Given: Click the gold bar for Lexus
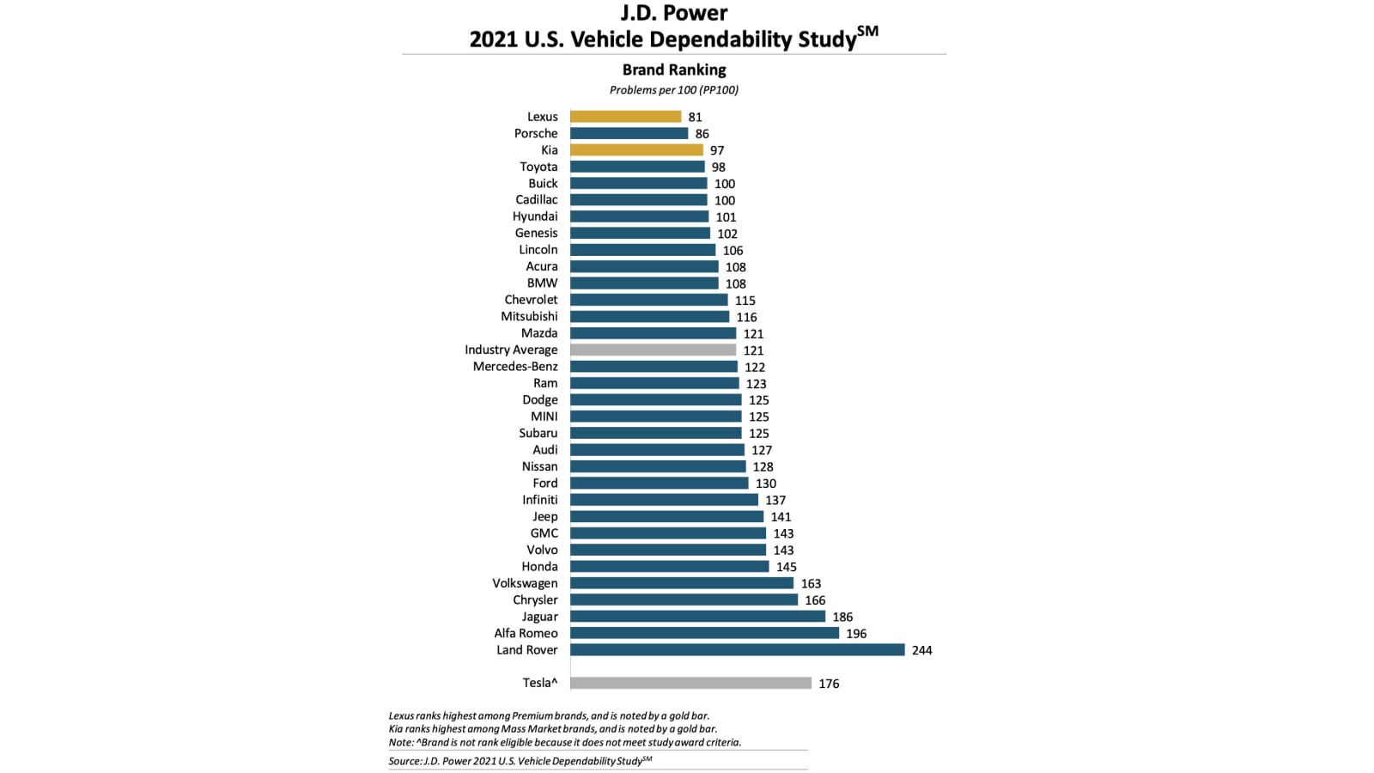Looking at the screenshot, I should [x=625, y=117].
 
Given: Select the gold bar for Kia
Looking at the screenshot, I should [x=636, y=150].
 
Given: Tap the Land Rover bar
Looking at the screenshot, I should [x=737, y=650].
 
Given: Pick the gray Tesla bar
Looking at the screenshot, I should [x=690, y=684].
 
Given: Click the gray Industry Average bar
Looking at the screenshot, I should [x=653, y=350].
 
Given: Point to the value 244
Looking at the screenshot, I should [x=921, y=651].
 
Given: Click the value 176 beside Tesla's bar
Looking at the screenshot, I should [x=829, y=685].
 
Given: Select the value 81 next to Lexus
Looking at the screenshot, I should [x=695, y=118].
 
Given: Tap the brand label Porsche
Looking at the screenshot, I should [x=536, y=134].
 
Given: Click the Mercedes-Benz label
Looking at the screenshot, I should [x=515, y=367].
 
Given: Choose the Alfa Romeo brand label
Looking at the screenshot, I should [x=526, y=634].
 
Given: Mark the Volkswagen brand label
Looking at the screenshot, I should [x=525, y=584].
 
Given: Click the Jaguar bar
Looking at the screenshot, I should [x=697, y=617].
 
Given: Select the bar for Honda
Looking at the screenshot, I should [x=669, y=567].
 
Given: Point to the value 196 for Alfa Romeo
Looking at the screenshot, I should [x=856, y=634].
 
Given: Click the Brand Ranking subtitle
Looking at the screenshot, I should [x=674, y=70].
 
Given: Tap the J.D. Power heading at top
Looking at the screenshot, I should [x=674, y=14].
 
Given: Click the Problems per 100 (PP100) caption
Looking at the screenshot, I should [x=674, y=90].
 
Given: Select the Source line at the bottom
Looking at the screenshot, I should [x=520, y=761].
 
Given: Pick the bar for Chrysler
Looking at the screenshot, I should [x=684, y=600].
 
